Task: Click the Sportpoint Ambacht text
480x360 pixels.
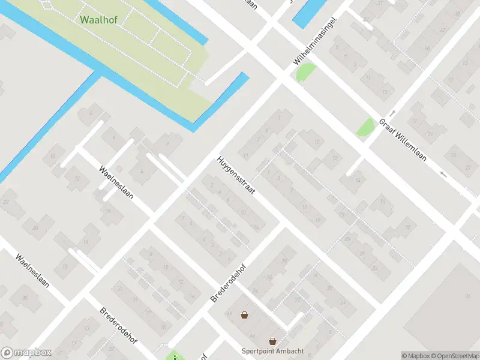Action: [272, 351]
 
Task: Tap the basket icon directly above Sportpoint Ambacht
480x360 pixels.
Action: [273, 341]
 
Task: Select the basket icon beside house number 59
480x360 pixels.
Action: [244, 314]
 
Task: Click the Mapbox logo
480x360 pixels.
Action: [26, 352]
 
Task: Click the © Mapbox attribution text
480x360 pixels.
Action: [416, 355]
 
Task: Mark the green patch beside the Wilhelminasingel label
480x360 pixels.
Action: [305, 72]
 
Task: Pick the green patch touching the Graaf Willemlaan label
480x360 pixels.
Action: [365, 127]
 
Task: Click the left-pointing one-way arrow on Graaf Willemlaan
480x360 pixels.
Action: [443, 175]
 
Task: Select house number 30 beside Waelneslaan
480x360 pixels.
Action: [25, 298]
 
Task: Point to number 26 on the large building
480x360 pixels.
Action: [468, 295]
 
